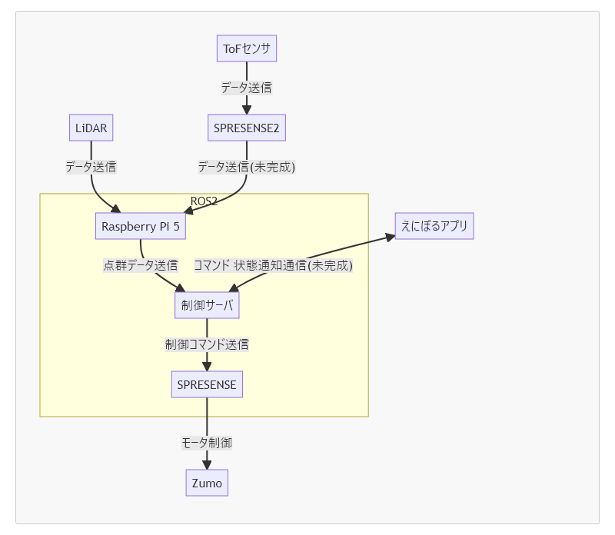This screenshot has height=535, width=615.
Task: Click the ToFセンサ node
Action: pyautogui.click(x=246, y=49)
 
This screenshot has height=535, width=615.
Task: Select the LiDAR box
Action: pyautogui.click(x=91, y=128)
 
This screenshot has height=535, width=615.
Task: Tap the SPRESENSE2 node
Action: pyautogui.click(x=246, y=128)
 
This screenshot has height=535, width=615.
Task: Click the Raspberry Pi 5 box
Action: pyautogui.click(x=140, y=227)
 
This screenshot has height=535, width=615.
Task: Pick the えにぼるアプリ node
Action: pyautogui.click(x=434, y=226)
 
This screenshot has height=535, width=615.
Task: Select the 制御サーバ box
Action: pyautogui.click(x=207, y=305)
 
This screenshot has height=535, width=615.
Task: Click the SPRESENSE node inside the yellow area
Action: pyautogui.click(x=207, y=384)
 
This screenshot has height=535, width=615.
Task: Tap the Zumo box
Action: pyautogui.click(x=207, y=483)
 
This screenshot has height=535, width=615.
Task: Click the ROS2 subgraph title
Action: pyautogui.click(x=204, y=201)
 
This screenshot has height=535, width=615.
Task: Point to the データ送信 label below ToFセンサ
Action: pyautogui.click(x=246, y=88)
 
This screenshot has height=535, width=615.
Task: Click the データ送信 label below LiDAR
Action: pyautogui.click(x=91, y=166)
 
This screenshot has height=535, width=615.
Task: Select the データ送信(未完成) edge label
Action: pyautogui.click(x=246, y=167)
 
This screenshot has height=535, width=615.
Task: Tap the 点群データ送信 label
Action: pyautogui.click(x=141, y=266)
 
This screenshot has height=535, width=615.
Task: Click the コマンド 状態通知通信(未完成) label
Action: pyautogui.click(x=273, y=266)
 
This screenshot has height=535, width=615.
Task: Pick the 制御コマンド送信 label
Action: pyautogui.click(x=207, y=344)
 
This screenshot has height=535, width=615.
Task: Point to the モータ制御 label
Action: pyautogui.click(x=207, y=443)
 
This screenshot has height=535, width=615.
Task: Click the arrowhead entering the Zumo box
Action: pyautogui.click(x=207, y=464)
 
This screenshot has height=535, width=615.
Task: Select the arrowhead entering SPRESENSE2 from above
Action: pyautogui.click(x=246, y=110)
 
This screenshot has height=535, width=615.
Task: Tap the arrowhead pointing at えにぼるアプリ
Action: pyautogui.click(x=389, y=238)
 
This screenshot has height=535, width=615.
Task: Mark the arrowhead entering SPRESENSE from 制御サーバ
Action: pyautogui.click(x=207, y=366)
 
